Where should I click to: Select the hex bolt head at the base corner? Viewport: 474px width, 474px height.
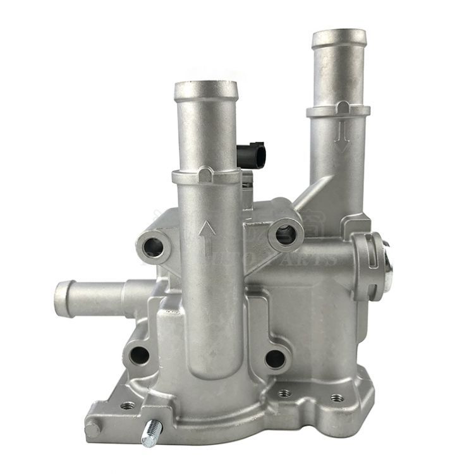point(93,429)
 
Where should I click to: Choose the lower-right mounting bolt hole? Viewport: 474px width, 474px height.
point(275,359)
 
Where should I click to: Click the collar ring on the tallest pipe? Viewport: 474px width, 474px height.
point(338,111)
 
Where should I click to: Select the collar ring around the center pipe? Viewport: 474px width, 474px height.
point(206,178)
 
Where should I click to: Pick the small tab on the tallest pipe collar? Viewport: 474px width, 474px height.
point(342,104)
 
